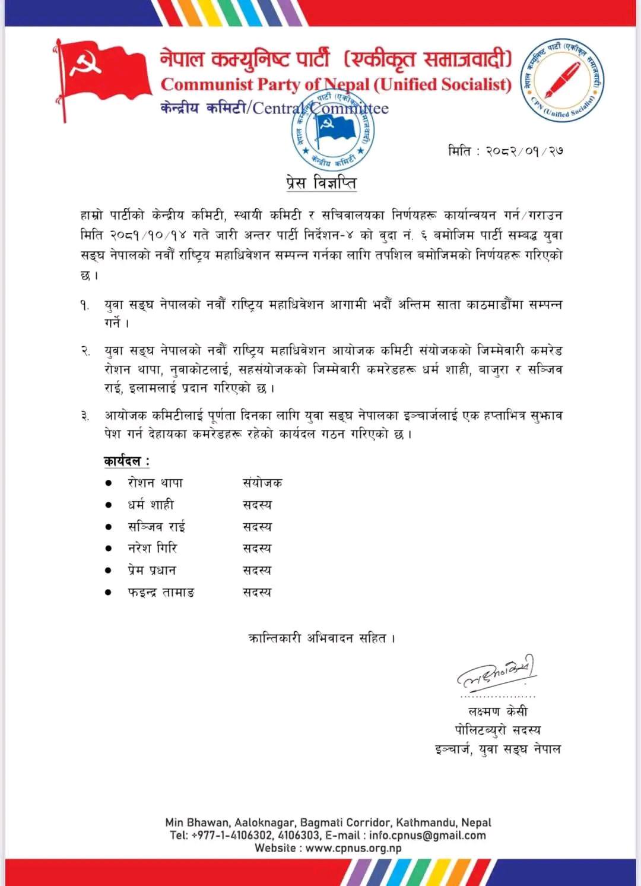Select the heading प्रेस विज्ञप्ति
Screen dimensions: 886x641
coord(321,183)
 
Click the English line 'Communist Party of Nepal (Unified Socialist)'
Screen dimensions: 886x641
coord(336,85)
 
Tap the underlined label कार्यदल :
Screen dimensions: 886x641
coord(126,461)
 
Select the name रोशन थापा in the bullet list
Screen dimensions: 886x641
coord(156,483)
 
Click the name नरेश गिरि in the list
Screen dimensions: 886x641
coord(153,548)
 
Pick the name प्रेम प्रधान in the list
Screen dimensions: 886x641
coord(152,570)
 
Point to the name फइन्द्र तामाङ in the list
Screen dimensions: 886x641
coord(161,592)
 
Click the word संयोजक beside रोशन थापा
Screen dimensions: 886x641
coord(262,483)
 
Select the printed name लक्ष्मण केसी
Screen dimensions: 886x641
coord(497,711)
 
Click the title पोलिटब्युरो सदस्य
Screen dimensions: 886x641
coord(497,730)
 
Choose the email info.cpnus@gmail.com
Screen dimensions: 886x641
coord(427,836)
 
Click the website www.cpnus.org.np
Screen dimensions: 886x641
coord(354,848)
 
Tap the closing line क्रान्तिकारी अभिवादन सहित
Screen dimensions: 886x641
coord(321,638)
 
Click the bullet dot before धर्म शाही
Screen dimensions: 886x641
coord(109,505)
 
